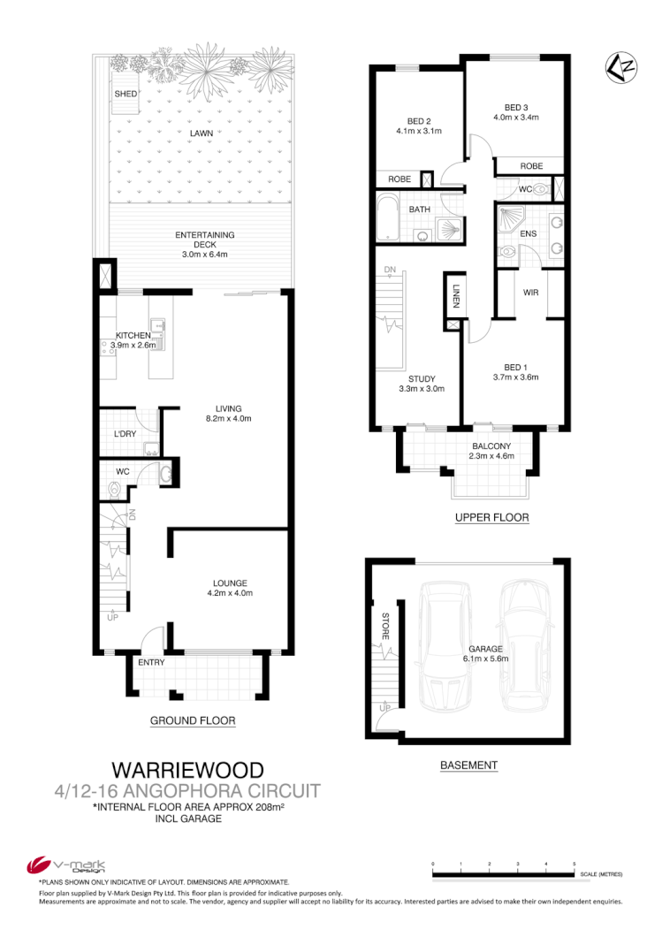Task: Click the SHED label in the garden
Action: [124, 94]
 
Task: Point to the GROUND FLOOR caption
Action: [193, 720]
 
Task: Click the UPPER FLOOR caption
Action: [491, 518]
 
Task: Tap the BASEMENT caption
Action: [468, 766]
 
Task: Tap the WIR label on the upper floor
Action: [531, 292]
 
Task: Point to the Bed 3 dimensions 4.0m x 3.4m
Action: [516, 117]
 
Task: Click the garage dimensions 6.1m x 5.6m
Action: [487, 659]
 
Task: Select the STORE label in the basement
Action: [386, 628]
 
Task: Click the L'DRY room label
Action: [125, 434]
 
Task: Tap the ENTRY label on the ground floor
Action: [152, 662]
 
